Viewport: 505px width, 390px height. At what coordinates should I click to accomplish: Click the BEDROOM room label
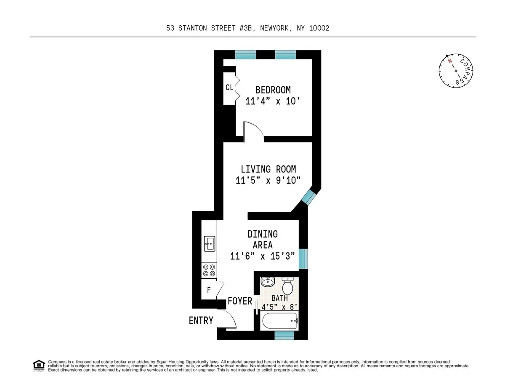[273, 90]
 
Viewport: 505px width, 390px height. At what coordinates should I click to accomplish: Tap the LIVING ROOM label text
[268, 169]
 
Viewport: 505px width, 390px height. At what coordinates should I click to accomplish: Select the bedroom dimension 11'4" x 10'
[274, 101]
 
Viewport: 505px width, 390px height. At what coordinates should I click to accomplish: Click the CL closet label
[229, 88]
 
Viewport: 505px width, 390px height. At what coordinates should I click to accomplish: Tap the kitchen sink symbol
[209, 243]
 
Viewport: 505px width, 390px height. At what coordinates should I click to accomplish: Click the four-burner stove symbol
[209, 270]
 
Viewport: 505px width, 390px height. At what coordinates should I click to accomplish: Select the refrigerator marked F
[209, 290]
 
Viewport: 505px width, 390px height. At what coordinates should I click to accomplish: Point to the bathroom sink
[268, 281]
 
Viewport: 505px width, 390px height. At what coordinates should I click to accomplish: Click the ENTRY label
[201, 321]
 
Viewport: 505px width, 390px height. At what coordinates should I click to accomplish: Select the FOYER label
[240, 301]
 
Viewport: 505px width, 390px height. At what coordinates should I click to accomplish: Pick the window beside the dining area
[303, 259]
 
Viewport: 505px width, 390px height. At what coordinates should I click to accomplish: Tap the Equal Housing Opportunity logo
[39, 366]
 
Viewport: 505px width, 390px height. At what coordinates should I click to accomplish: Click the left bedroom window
[245, 55]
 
